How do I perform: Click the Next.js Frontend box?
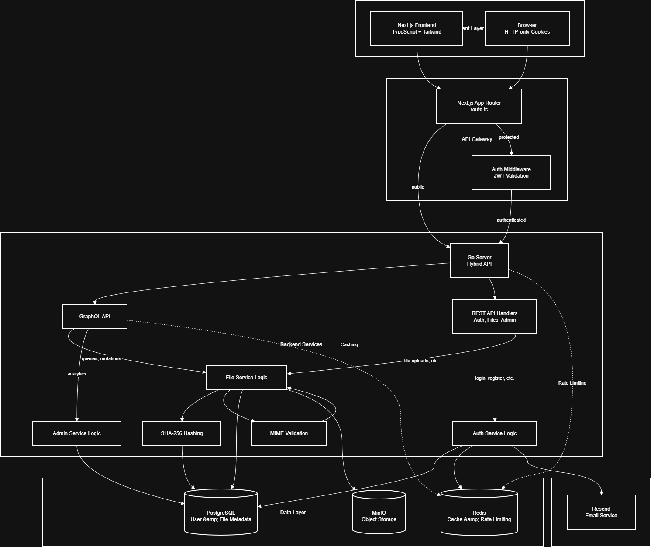(417, 28)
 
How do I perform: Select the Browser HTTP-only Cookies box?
(527, 28)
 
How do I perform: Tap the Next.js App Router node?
(479, 106)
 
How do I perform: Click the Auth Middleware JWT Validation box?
(511, 172)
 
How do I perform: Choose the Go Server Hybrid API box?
(479, 261)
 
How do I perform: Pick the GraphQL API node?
(95, 317)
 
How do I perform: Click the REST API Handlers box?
(494, 317)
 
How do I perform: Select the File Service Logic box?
(246, 378)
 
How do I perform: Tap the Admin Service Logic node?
(76, 433)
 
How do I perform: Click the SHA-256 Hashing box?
(182, 433)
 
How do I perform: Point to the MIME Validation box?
(289, 433)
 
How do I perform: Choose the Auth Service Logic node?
(494, 433)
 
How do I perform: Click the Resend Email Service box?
(601, 512)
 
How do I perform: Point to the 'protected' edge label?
(509, 137)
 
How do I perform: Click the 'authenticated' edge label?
(511, 220)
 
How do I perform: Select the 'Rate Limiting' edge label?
(572, 383)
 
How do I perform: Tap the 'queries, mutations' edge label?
(101, 358)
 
